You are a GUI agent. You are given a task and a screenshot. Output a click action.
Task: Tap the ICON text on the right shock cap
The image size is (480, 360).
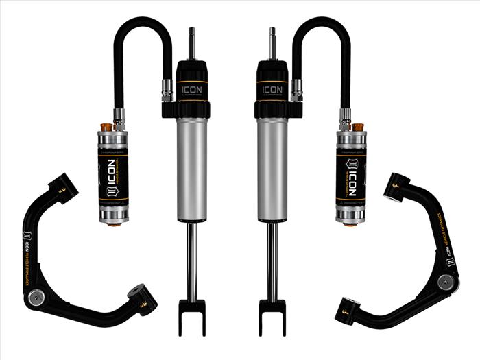[272, 89]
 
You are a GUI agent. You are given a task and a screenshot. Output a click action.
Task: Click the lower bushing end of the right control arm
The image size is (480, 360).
[345, 309]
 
